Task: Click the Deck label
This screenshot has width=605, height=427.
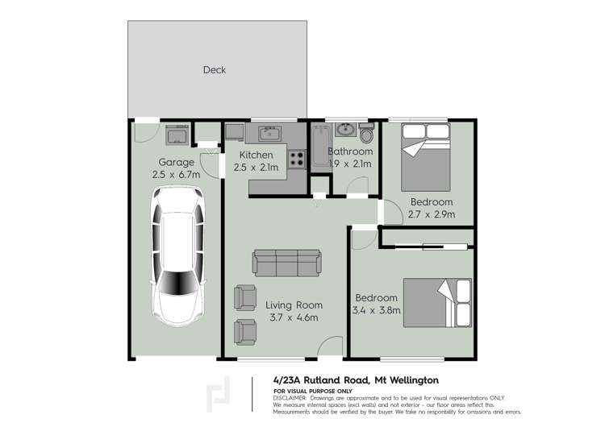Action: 215,70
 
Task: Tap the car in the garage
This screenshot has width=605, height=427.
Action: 176,254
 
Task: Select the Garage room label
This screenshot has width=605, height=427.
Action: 176,162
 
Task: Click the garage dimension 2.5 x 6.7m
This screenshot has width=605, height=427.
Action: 176,175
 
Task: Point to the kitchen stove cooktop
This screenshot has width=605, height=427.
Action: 297,159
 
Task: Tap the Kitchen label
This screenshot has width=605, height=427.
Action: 257,155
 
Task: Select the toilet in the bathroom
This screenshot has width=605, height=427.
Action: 367,133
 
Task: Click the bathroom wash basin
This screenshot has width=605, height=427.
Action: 346,129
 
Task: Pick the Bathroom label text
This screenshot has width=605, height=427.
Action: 350,151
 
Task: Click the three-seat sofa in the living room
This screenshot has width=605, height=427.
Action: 287,263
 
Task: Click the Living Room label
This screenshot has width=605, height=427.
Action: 294,305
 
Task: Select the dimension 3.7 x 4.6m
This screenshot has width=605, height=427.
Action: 294,318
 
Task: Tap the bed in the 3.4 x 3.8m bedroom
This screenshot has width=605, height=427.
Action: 438,302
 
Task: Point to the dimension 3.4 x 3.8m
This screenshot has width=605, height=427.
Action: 376,311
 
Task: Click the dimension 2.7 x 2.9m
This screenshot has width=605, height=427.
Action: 432,215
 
